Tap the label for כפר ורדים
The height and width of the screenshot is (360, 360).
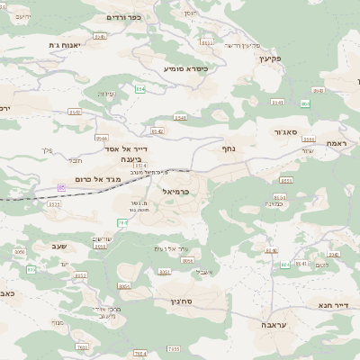tap(125, 17)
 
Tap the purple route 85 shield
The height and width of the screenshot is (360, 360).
tap(62, 186)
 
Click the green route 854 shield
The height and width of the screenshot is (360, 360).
tap(139, 88)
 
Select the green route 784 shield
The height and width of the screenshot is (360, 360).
tap(122, 222)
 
